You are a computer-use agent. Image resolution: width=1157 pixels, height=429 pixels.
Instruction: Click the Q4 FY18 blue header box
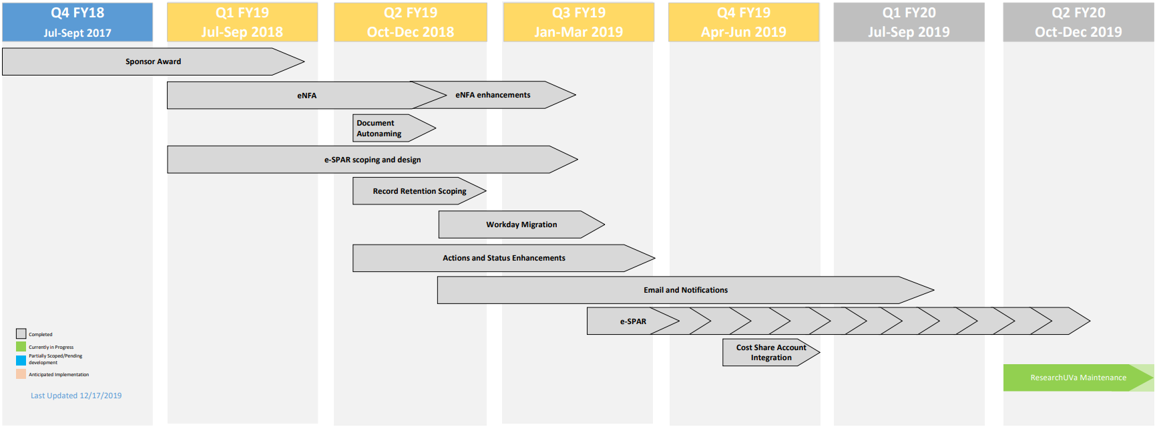tap(77, 22)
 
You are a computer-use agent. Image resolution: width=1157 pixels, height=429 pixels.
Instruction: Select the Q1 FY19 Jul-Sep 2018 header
tap(242, 22)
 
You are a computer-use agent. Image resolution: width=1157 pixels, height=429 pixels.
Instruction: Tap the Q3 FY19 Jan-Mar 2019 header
tap(579, 22)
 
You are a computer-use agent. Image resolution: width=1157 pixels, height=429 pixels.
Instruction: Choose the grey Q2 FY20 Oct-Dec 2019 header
tap(1078, 22)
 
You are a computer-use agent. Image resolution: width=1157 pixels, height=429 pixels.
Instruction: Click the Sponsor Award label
tap(154, 61)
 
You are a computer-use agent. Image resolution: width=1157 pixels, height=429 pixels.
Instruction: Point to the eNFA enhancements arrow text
tap(493, 95)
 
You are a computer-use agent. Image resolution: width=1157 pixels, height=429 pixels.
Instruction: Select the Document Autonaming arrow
tap(387, 128)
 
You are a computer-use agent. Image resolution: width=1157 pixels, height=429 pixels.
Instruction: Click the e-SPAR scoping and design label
tap(373, 160)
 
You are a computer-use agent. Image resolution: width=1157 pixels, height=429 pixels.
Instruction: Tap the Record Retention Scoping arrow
tap(419, 191)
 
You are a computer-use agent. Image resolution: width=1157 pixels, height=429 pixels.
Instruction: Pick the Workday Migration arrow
tap(521, 225)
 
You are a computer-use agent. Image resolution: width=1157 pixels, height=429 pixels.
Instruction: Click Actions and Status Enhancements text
tap(503, 258)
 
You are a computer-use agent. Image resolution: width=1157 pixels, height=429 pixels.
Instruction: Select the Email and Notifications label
tap(686, 290)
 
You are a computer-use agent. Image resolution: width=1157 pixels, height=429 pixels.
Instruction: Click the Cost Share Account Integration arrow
tap(770, 352)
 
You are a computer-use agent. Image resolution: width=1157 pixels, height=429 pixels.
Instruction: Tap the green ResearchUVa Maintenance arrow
tap(1078, 378)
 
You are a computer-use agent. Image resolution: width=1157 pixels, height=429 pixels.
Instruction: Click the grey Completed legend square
tap(21, 333)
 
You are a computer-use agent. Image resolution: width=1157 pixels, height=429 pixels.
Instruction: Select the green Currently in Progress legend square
tap(21, 347)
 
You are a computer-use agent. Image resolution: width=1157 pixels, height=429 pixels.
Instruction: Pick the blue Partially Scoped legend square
tap(21, 360)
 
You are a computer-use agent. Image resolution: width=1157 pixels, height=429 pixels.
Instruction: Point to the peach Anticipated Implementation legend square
tap(21, 374)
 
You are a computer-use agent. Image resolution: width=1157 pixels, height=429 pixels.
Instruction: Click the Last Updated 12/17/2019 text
tap(76, 396)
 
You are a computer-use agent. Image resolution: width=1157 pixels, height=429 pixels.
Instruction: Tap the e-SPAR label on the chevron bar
tap(633, 321)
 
